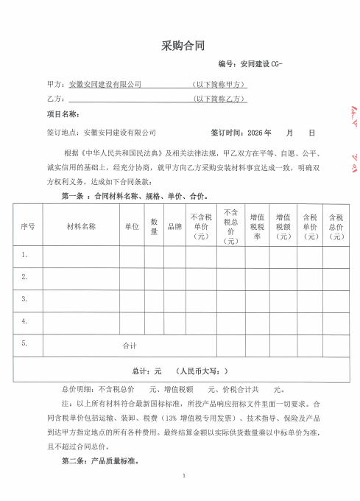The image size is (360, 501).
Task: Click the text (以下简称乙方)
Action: pos(219,98)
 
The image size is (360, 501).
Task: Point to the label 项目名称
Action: pos(62,114)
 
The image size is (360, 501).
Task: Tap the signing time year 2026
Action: pos(255,133)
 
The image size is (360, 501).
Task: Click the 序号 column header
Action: pos(28,227)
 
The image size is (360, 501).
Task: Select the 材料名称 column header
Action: pos(81,227)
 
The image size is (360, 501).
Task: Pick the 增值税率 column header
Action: pos(258,227)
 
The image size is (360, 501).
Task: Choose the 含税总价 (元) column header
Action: pos(336,227)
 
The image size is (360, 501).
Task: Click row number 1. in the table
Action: pos(25,255)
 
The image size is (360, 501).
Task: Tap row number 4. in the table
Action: pos(25,321)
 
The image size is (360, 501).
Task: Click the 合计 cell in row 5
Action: pos(130,344)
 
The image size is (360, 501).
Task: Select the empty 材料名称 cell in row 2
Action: pos(81,277)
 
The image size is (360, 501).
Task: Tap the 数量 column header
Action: pos(155,227)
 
